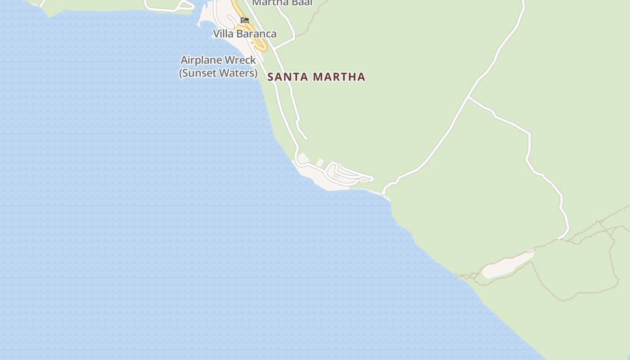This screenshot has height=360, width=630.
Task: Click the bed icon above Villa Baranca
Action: click(x=245, y=20)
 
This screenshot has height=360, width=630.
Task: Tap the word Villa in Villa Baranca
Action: click(x=223, y=34)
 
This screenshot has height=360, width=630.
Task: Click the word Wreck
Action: click(x=241, y=60)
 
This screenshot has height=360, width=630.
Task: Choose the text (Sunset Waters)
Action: click(x=218, y=72)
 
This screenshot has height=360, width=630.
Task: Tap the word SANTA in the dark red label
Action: click(x=288, y=77)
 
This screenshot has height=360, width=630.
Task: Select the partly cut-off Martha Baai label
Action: click(x=282, y=3)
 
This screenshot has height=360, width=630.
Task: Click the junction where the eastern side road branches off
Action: click(x=468, y=97)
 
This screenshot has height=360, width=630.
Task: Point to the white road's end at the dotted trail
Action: click(x=559, y=238)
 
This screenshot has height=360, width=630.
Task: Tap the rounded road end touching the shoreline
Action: click(x=383, y=193)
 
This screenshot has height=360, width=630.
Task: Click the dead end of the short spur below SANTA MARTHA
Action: click(x=306, y=139)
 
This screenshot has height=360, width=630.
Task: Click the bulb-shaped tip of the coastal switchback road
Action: click(x=371, y=179)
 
